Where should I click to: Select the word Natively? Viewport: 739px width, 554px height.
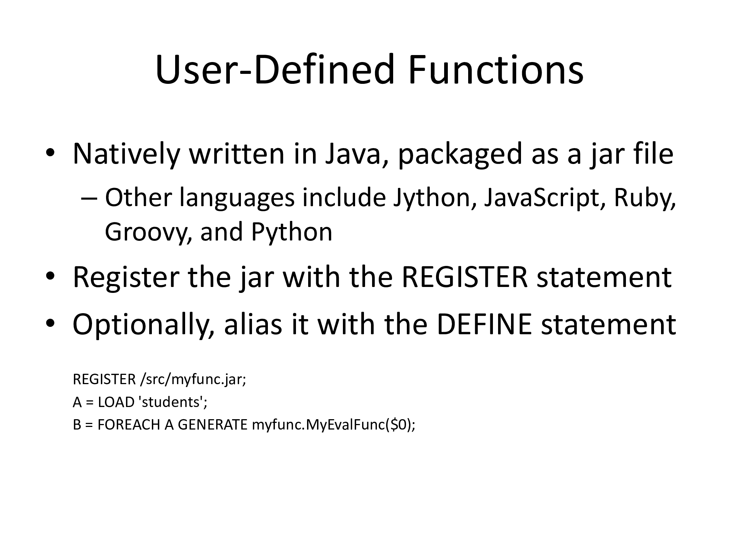126,154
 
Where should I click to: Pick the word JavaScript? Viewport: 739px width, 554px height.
544,198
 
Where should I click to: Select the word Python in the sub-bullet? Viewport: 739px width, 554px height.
292,233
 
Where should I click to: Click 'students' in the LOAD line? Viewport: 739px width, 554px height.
172,402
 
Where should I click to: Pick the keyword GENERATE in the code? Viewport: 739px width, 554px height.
212,425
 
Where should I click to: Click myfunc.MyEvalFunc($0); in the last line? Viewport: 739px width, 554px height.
334,425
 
